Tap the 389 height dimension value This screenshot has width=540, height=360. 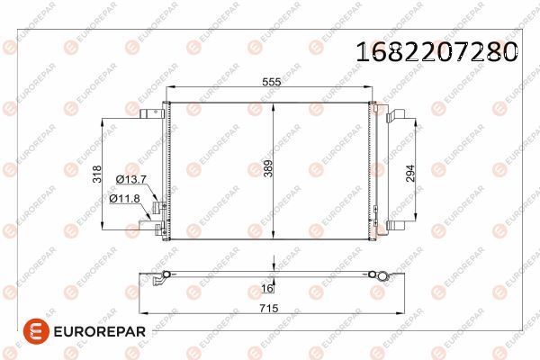(267, 167)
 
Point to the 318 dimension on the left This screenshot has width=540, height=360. (97, 175)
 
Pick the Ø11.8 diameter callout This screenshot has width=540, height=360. (125, 198)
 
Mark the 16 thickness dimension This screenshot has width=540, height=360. (267, 290)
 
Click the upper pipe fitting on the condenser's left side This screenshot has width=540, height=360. (159, 208)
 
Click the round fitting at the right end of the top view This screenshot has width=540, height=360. (379, 273)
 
